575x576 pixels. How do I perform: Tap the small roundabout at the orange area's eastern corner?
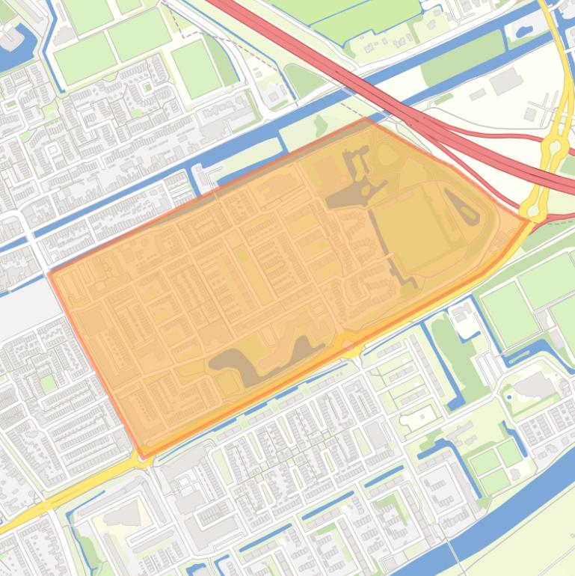click(x=532, y=212)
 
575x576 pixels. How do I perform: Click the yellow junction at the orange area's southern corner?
click(x=142, y=458)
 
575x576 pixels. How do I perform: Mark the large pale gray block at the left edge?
click(x=22, y=299)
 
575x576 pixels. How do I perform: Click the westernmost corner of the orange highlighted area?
click(x=49, y=274)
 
